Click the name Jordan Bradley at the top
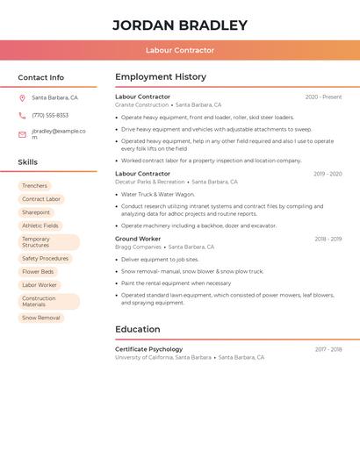coord(179,25)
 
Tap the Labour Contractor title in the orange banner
coord(179,50)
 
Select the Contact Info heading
coord(40,77)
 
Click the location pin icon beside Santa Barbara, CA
coord(22,98)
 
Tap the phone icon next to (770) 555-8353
coord(22,115)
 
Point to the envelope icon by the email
coord(22,134)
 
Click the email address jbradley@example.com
coord(58,133)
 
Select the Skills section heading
coord(27,162)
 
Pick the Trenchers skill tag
coord(35,186)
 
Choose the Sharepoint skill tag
coord(36,212)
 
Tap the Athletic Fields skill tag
coord(40,225)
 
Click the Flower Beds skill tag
coord(38,272)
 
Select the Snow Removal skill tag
coord(41,318)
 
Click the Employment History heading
coord(161,77)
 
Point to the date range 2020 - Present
coord(323,97)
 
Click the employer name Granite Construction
coord(141,104)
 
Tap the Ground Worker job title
coord(138,239)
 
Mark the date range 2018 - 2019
coord(328,239)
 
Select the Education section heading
coord(137,330)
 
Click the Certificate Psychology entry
coord(148,349)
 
